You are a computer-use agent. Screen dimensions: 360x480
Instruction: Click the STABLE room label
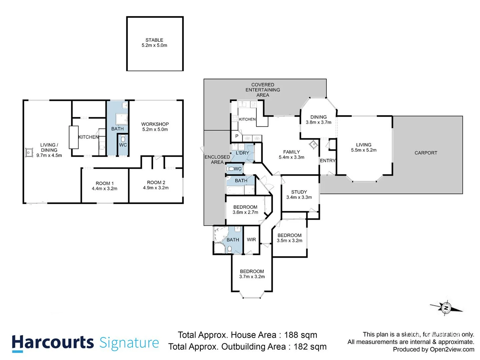154,40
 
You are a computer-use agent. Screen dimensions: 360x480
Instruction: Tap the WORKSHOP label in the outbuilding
155,124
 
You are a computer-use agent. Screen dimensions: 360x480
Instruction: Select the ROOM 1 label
105,183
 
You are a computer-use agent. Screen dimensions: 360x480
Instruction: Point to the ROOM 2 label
156,182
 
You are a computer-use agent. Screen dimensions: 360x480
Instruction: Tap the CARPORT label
426,153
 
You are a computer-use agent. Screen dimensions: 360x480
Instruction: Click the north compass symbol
446,308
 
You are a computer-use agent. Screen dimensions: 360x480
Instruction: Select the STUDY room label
299,192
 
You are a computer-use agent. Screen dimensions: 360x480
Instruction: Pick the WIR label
251,240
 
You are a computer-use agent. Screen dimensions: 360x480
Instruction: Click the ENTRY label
328,161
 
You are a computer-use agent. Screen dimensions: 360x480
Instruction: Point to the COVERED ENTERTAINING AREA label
263,90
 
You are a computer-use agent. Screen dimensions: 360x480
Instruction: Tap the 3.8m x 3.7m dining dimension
319,122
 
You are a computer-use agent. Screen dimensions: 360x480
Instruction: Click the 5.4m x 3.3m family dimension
291,157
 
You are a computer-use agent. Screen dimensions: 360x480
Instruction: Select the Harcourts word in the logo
53,343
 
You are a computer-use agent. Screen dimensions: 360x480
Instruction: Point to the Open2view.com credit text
452,349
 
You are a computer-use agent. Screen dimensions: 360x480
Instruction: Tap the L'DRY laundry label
242,153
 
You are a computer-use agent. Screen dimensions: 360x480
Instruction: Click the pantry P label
237,136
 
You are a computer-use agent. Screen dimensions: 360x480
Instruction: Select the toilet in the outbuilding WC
123,138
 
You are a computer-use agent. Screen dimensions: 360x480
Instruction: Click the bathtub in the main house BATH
236,190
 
